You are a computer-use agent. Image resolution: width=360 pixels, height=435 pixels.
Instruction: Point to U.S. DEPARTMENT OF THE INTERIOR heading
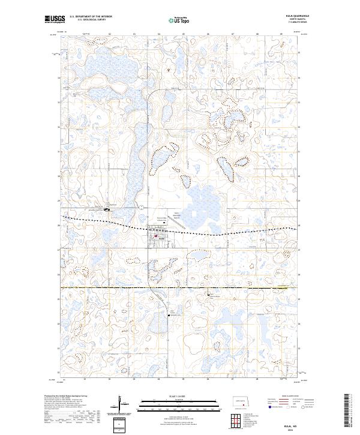tap(91, 17)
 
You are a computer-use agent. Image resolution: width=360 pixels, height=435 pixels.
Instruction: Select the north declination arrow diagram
tap(121, 404)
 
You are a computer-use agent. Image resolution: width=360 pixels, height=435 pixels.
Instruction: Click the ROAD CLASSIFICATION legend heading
tap(292, 397)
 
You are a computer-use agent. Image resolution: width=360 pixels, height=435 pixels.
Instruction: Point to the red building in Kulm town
tap(156, 236)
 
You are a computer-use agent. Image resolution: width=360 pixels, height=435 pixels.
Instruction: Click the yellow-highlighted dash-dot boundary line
tap(180, 289)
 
